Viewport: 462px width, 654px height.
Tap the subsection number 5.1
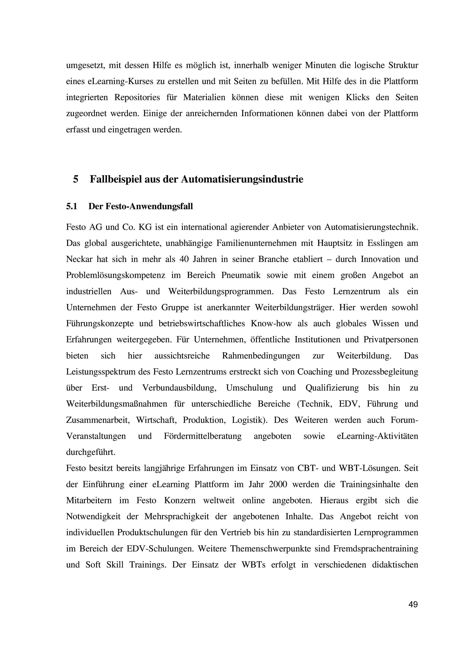(x=72, y=206)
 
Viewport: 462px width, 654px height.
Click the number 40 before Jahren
(x=184, y=259)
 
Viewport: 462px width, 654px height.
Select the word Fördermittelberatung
(x=203, y=436)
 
